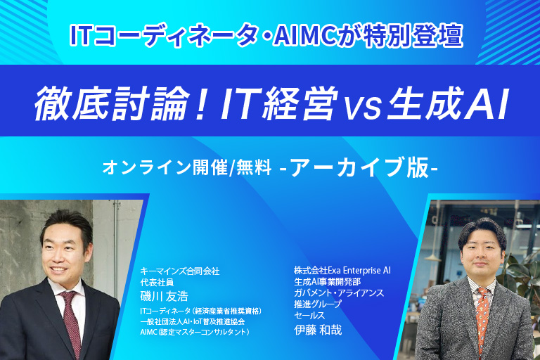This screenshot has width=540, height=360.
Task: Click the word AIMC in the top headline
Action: click(304, 36)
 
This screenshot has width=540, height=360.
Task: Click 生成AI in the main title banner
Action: click(447, 103)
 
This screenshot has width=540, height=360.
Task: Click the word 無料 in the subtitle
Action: click(254, 168)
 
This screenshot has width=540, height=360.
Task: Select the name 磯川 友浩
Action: click(165, 296)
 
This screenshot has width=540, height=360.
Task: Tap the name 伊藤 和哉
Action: click(318, 330)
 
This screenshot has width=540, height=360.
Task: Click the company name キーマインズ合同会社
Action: click(180, 271)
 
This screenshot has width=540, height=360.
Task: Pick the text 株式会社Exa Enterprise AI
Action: click(342, 270)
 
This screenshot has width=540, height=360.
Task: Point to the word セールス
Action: click(309, 315)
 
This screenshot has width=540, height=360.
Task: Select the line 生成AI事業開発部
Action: click(327, 281)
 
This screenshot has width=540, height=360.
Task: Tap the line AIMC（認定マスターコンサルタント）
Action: click(195, 332)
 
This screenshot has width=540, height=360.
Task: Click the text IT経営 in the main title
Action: click(280, 103)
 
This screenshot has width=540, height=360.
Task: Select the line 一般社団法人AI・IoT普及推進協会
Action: click(193, 322)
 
